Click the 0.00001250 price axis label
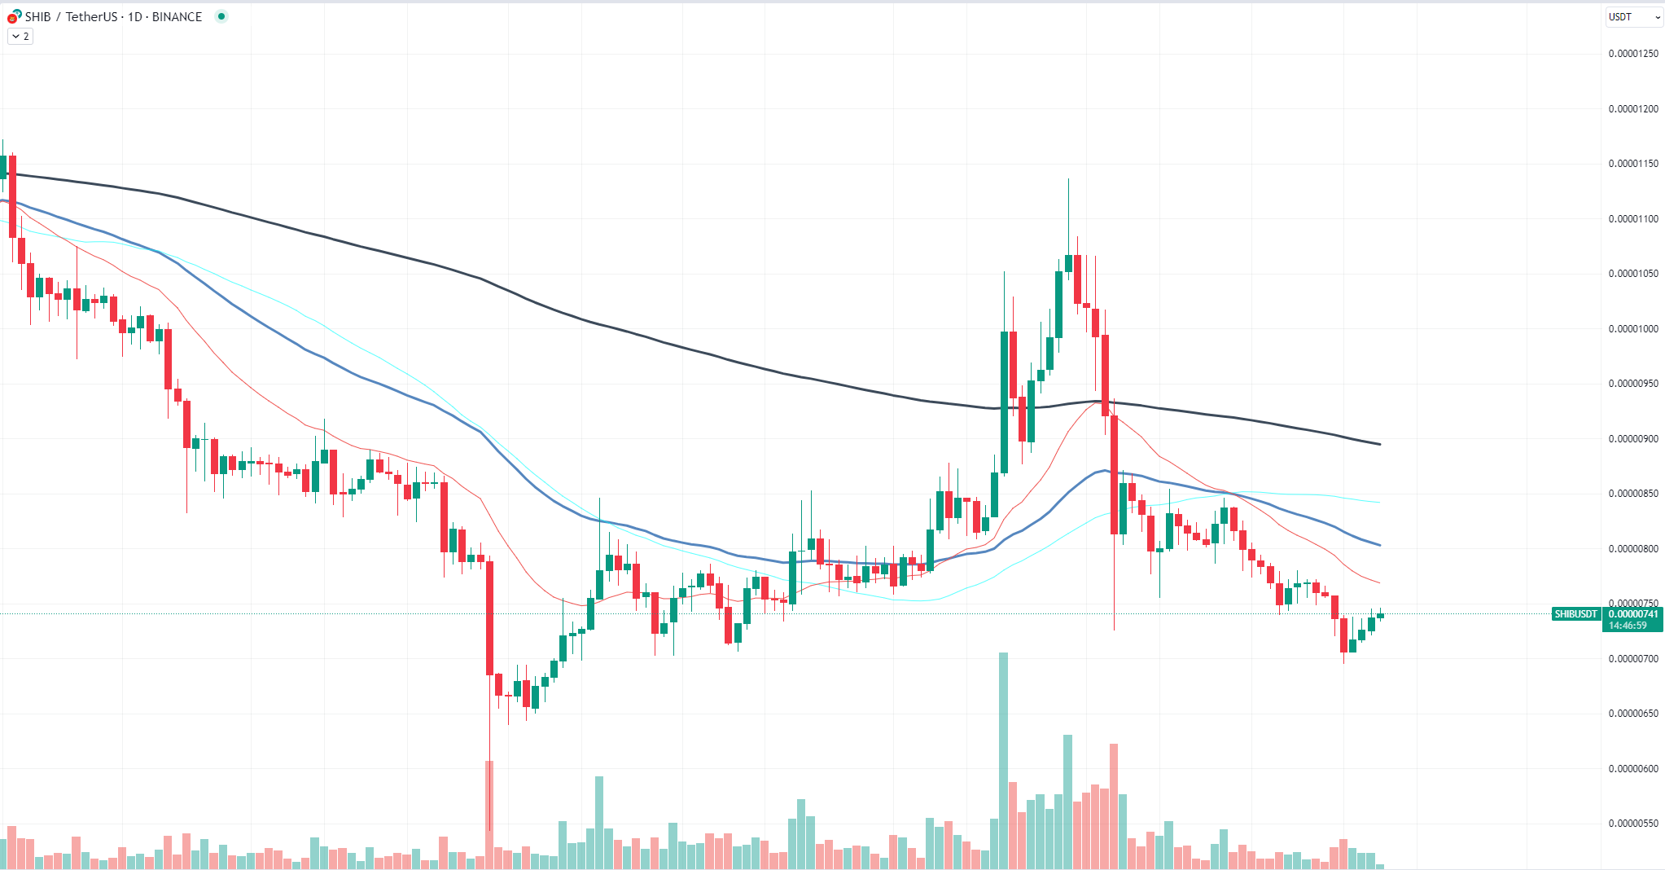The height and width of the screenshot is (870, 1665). tap(1632, 54)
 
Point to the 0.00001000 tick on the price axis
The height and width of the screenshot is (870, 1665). tap(1632, 329)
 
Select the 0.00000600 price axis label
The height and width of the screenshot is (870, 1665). tap(1632, 769)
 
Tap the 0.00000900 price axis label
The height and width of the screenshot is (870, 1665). tap(1632, 439)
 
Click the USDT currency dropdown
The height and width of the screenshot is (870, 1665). tap(1633, 17)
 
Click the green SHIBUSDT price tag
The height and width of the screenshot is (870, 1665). tap(1576, 614)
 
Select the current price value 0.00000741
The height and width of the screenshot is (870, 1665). tap(1632, 614)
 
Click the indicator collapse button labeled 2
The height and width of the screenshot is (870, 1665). tap(20, 37)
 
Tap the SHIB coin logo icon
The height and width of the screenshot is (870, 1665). tap(14, 16)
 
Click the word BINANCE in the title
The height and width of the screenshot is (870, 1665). tap(177, 17)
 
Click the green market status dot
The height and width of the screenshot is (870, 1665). tap(221, 16)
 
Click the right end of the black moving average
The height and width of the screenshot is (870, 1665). tap(1379, 444)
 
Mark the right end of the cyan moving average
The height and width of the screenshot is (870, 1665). tap(1379, 503)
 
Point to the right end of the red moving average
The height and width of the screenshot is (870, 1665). tap(1379, 582)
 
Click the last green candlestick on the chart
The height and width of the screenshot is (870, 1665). tap(1380, 616)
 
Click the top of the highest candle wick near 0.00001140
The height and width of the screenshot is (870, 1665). tap(1068, 179)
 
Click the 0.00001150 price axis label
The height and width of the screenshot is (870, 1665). tap(1632, 164)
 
